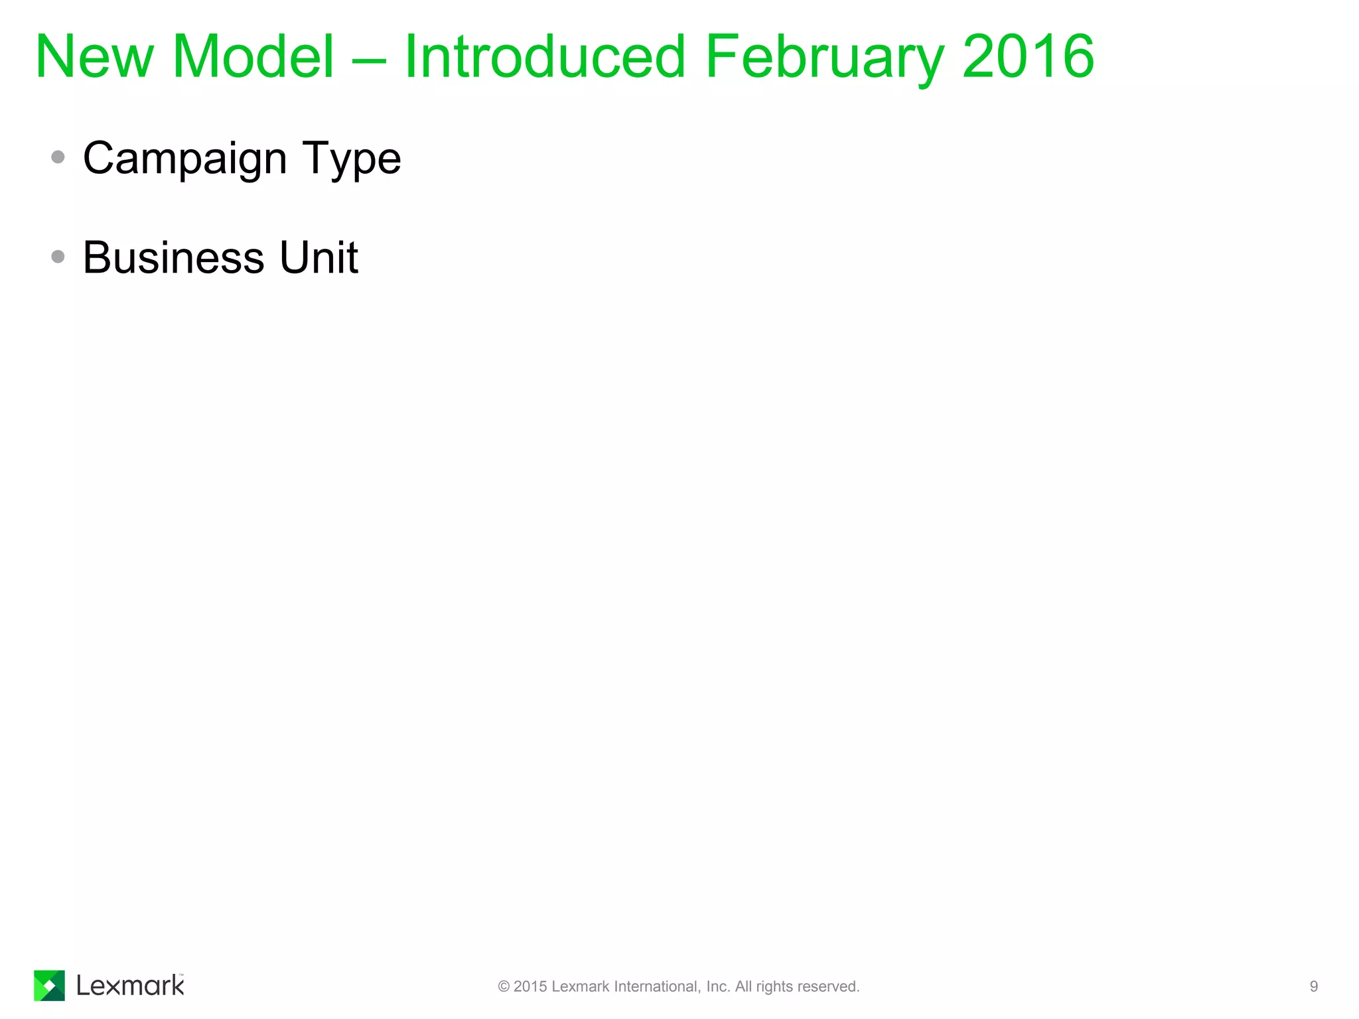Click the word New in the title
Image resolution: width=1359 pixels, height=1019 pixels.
[94, 57]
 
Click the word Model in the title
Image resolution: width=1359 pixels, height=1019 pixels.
[253, 57]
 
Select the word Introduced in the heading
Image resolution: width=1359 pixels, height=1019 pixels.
[544, 57]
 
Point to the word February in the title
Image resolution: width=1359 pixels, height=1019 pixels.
[823, 58]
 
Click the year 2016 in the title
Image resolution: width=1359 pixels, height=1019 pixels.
[1028, 57]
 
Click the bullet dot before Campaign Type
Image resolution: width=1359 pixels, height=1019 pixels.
[58, 157]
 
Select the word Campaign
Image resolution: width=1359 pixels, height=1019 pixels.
[184, 159]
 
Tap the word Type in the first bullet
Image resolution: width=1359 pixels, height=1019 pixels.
[352, 159]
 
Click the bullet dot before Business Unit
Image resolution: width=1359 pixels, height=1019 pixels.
[58, 257]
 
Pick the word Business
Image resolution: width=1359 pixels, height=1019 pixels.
[174, 257]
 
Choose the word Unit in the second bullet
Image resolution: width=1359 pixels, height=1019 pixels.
[319, 257]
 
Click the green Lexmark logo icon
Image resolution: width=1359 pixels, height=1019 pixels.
[49, 985]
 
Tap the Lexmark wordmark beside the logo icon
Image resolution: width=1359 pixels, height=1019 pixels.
[130, 986]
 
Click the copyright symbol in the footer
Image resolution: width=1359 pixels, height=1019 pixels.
[504, 986]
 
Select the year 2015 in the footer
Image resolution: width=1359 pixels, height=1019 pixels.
[530, 986]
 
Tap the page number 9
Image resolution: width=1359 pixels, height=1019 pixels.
[1313, 986]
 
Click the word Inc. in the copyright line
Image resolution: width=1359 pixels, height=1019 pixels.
[718, 986]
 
